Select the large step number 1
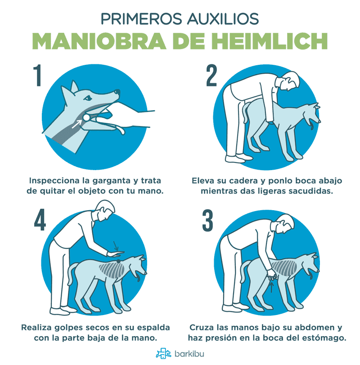(x=38, y=76)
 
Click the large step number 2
(x=211, y=76)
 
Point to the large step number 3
(x=207, y=221)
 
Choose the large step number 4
(x=40, y=220)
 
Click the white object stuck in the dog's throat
(x=86, y=117)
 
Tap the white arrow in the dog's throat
(x=76, y=124)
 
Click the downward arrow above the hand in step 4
(x=116, y=246)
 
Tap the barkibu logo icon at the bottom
(x=163, y=354)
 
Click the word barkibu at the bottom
(x=189, y=354)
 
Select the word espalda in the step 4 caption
(x=153, y=328)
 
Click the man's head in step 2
(x=288, y=81)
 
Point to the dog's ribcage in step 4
(x=112, y=270)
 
